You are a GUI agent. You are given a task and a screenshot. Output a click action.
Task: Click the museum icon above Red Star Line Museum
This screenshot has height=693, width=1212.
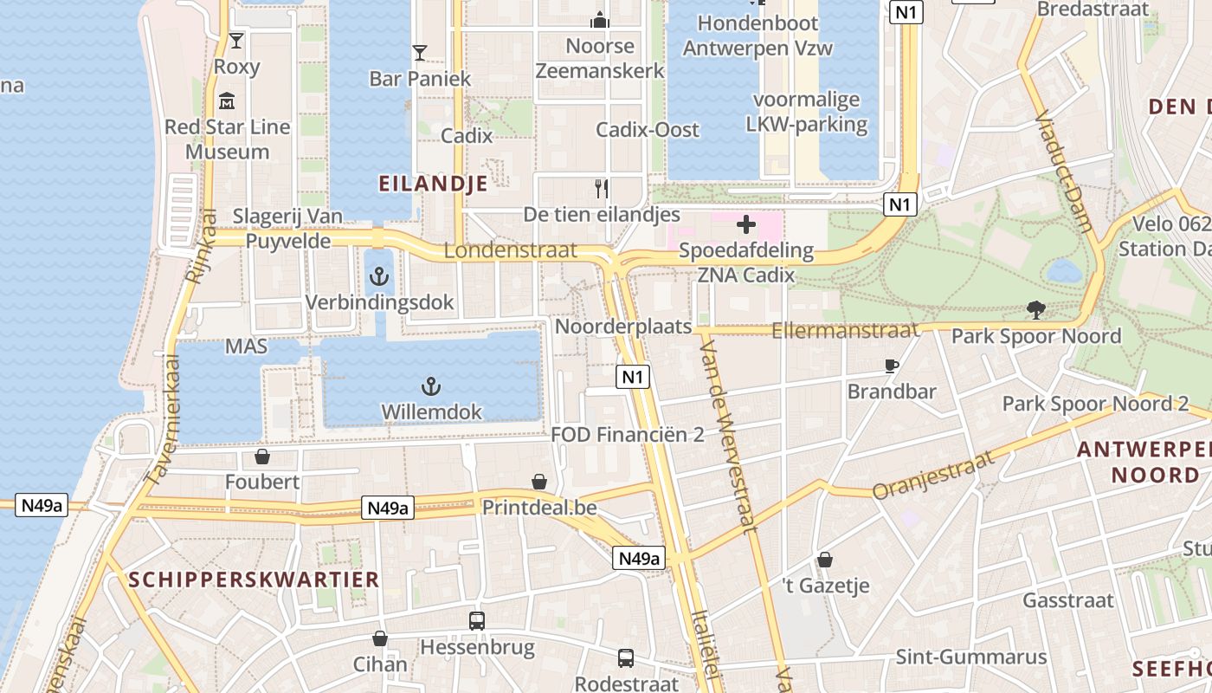(227, 102)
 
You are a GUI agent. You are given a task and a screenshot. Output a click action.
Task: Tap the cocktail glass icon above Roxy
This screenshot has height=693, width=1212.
(235, 41)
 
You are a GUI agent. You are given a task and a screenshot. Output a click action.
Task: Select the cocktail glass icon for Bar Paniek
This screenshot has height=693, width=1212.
(420, 53)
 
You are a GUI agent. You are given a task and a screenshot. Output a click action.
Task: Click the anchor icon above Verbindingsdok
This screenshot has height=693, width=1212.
(378, 277)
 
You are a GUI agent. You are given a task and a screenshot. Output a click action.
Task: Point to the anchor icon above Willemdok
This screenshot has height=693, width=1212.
(430, 386)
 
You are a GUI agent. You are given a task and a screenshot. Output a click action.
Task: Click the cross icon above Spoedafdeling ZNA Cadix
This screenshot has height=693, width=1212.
(745, 225)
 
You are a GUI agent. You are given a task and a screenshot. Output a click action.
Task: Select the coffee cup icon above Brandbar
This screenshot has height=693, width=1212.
(892, 366)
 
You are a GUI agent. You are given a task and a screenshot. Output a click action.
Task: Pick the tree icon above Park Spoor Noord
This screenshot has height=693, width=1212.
(1035, 309)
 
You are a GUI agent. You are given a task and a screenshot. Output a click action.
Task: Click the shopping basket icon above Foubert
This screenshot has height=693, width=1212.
(261, 457)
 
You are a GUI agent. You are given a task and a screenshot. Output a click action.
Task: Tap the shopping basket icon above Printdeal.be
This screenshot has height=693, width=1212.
(539, 482)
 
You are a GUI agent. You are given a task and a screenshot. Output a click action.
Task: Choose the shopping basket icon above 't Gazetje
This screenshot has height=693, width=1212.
(825, 560)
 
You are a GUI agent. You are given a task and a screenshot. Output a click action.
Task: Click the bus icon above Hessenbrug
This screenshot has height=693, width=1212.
(477, 621)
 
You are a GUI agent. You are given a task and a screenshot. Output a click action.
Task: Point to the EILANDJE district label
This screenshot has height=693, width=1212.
(433, 184)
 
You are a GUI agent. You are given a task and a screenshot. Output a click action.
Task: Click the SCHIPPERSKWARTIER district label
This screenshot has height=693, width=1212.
(254, 580)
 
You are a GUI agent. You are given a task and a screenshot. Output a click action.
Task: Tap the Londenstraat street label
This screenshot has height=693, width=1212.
(510, 250)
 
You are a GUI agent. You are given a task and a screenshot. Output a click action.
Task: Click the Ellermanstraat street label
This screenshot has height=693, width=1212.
(844, 330)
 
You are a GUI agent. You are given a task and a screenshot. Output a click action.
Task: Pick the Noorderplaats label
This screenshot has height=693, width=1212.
(623, 327)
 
